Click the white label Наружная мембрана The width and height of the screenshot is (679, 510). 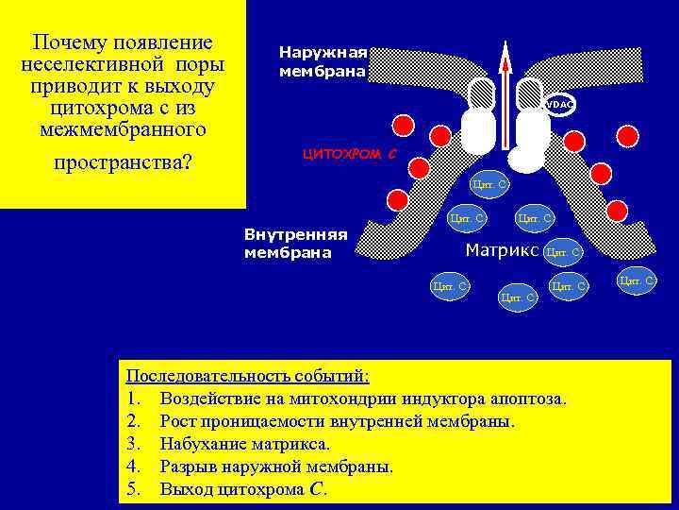322,61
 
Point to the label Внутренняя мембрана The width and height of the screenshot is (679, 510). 295,243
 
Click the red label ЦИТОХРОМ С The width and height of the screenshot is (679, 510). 348,153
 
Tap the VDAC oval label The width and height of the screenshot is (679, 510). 558,104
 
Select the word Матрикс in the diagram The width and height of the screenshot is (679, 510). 501,250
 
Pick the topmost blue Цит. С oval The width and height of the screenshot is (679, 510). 489,184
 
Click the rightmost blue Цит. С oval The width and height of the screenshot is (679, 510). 638,280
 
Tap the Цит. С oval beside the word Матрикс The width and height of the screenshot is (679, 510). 564,252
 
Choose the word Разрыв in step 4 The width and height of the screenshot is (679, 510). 188,467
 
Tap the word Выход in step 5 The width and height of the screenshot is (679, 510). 188,489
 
